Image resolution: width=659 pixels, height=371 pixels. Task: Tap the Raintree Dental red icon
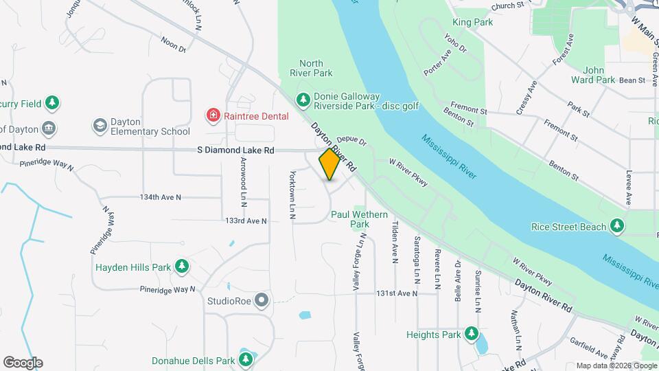pyautogui.click(x=214, y=115)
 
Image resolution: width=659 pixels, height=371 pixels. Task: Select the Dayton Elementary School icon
pyautogui.click(x=100, y=126)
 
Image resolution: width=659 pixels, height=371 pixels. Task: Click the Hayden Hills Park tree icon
pyautogui.click(x=181, y=266)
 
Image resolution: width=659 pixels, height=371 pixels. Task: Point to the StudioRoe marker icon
pyautogui.click(x=262, y=300)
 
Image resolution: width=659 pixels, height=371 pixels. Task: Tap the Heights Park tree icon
pyautogui.click(x=471, y=334)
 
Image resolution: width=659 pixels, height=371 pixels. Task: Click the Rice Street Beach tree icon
pyautogui.click(x=617, y=226)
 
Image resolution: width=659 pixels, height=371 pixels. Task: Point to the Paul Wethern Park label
pyautogui.click(x=359, y=219)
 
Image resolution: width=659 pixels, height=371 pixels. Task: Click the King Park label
pyautogui.click(x=472, y=23)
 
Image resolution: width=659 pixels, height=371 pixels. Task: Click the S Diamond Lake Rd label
pyautogui.click(x=235, y=150)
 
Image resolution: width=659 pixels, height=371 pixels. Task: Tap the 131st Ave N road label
pyautogui.click(x=397, y=293)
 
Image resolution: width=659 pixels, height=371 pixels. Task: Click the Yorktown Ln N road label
pyautogui.click(x=292, y=195)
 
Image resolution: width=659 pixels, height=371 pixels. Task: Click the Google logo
pyautogui.click(x=23, y=363)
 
